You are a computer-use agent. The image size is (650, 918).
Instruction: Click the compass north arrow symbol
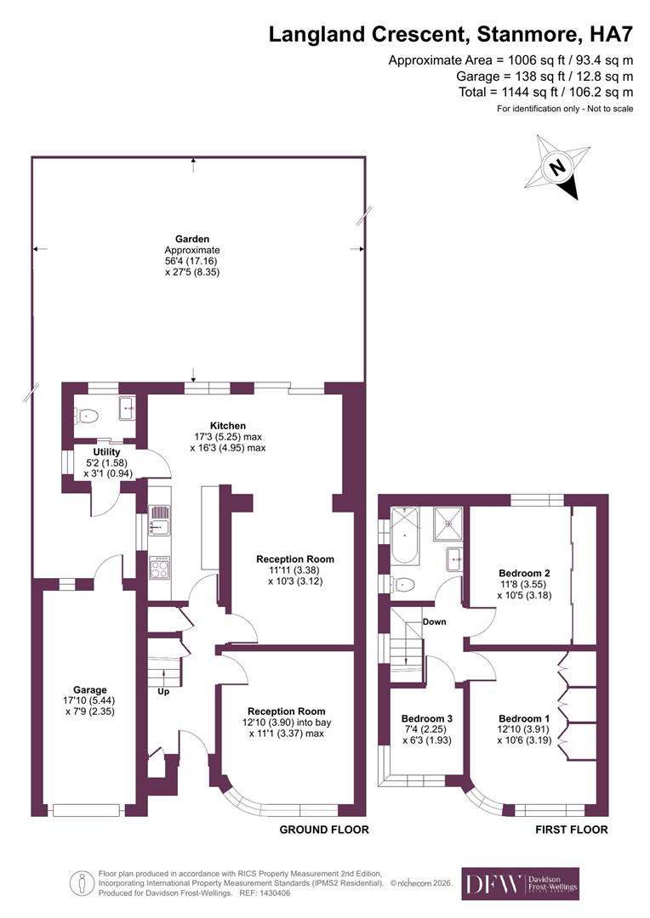tap(557, 169)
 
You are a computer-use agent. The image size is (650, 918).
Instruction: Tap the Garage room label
tap(89, 689)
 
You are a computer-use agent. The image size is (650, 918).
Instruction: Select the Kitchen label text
tap(228, 425)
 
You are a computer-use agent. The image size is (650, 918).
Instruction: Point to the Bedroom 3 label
tap(426, 718)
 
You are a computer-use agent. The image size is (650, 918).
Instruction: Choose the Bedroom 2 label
tap(522, 573)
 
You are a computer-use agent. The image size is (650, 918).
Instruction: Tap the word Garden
tap(191, 239)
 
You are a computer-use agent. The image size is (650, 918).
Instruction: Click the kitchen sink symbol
tap(159, 521)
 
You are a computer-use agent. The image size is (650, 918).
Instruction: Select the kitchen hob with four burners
tap(159, 567)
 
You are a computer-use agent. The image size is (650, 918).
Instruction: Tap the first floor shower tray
tap(447, 524)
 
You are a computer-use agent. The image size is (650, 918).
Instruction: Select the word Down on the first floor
tap(434, 621)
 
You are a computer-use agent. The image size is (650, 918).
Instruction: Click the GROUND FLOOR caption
tap(324, 830)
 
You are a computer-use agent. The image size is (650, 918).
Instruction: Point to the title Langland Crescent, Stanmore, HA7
tap(451, 35)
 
